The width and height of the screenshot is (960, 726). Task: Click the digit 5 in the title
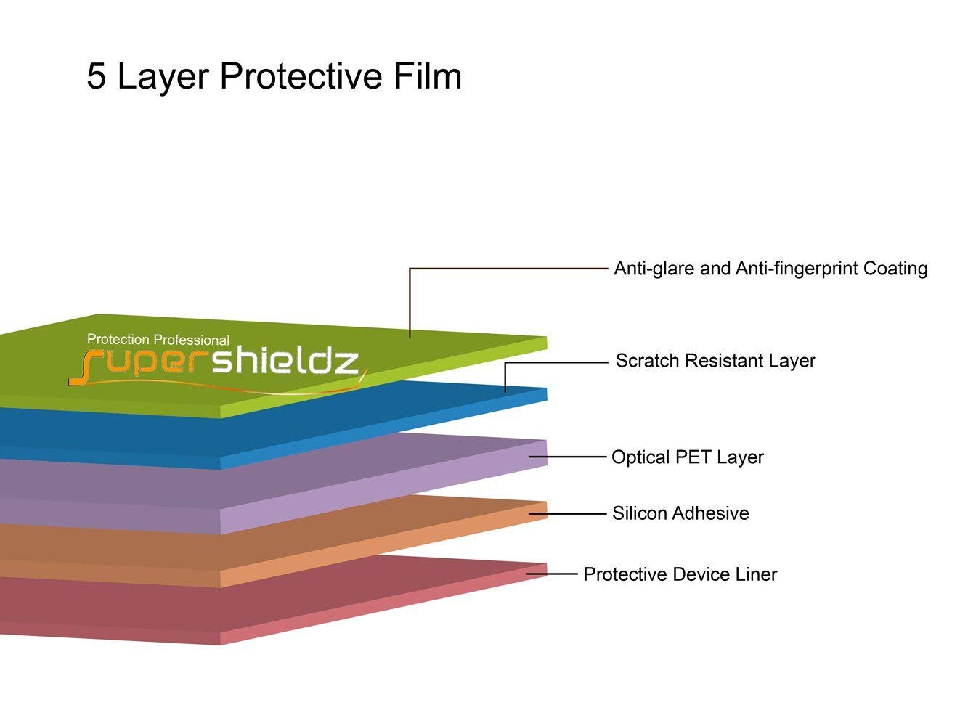tap(96, 76)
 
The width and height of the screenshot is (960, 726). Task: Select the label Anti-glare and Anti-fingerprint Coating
tap(770, 269)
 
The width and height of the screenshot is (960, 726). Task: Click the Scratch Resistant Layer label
tap(715, 361)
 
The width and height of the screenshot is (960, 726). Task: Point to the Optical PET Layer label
tap(687, 457)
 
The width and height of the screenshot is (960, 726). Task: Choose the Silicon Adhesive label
tap(680, 513)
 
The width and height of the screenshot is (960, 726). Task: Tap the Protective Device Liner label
tap(680, 574)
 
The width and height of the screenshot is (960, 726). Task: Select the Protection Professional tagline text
tap(158, 340)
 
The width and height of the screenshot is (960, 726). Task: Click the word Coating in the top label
tap(895, 269)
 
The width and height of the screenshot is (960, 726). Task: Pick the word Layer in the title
tap(163, 76)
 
